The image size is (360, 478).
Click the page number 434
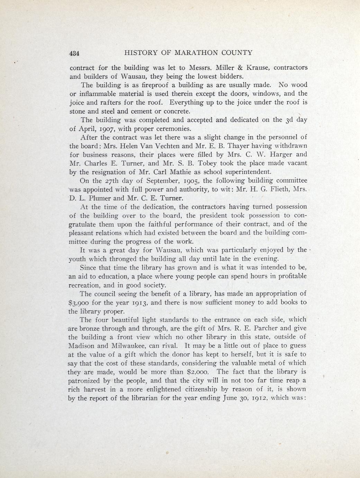tap(74, 53)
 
